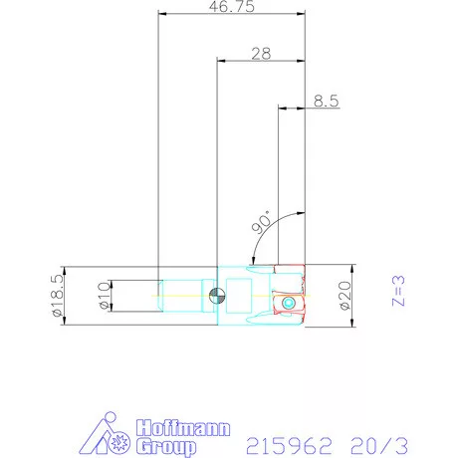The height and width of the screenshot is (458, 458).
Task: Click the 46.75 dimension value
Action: coord(232,7)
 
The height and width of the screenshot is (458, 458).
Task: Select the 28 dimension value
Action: coord(261,54)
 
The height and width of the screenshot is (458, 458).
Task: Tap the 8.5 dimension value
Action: coord(327,101)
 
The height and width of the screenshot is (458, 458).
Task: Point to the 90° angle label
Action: coord(262,222)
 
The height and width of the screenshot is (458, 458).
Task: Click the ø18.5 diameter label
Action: coord(58,295)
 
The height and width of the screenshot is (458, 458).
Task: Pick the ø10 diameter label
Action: coord(105,296)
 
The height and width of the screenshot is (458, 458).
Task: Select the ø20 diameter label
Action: coord(345,296)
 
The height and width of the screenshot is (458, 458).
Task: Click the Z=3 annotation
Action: coord(398,291)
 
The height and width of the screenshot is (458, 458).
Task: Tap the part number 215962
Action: coord(289,445)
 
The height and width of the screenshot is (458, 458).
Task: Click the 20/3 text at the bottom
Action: coord(379,445)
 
